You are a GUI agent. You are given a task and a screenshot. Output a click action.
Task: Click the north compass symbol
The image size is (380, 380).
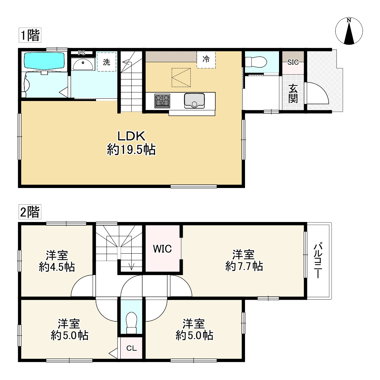[349, 31]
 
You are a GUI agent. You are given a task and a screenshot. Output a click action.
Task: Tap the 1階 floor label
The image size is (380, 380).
[30, 35]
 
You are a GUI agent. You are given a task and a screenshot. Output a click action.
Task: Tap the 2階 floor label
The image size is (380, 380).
[30, 212]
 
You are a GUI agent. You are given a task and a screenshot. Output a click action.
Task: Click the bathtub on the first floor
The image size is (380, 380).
[44, 61]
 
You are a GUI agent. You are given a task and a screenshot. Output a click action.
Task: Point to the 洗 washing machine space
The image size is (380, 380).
[107, 62]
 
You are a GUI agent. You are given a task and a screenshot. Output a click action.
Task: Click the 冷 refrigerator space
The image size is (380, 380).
[206, 59]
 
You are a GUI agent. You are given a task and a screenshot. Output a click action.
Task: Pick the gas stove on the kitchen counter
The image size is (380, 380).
[162, 101]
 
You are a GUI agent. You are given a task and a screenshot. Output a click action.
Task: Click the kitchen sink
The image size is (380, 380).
[194, 101]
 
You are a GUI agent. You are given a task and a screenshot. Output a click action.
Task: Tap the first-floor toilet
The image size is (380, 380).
[256, 62]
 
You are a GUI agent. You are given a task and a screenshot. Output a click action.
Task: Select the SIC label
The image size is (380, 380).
[293, 62]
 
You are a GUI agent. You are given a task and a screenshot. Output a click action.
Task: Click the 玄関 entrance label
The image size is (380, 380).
[293, 94]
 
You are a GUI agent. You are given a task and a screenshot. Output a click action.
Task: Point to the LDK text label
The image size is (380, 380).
[131, 136]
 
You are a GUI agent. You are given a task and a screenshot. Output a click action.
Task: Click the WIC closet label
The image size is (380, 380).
[162, 249]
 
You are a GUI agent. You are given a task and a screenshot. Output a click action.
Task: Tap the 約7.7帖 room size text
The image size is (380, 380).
[244, 267]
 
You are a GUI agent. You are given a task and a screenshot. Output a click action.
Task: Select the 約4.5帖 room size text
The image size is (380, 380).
[57, 267]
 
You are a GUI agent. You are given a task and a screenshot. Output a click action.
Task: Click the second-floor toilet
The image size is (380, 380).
[132, 323]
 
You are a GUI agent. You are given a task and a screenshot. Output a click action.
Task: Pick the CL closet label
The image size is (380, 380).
[132, 348]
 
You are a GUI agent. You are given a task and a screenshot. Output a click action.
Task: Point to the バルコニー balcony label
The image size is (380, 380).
[318, 260]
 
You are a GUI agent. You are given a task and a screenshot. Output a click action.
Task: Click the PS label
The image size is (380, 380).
[82, 53]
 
